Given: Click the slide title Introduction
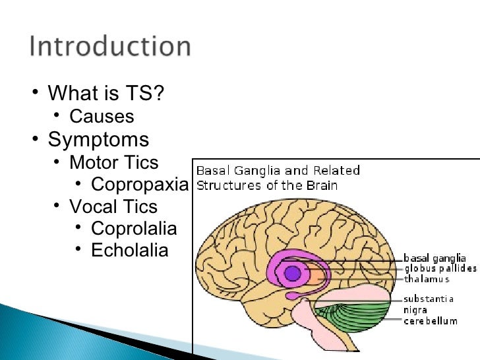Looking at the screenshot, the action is point(110,48).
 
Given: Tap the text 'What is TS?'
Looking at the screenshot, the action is point(105,94).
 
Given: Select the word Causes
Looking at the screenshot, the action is point(102,117).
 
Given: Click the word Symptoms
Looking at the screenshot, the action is point(98,140).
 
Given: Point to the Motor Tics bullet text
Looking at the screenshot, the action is point(113,162).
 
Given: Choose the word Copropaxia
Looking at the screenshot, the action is point(139,184).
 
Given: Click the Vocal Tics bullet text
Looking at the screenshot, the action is point(113,207).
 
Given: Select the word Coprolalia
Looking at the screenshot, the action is point(134,229).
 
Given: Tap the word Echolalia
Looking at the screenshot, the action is point(129,251).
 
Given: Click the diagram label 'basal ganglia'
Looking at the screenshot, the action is point(435,258).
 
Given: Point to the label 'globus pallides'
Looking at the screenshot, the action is point(440,268).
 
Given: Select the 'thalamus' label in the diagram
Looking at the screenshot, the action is point(427,279).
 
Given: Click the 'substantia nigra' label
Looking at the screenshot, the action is point(428,304).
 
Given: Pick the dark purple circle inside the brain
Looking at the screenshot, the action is point(291,273).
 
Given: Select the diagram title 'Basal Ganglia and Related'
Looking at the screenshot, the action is point(279,171).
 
